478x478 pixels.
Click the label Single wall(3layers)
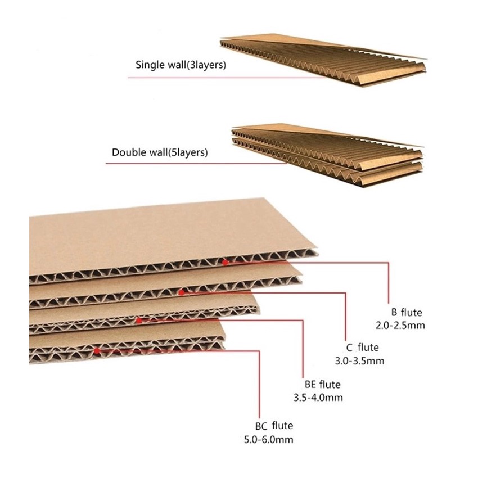point(181,65)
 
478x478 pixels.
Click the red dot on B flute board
point(225,261)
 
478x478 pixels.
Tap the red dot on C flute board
point(181,292)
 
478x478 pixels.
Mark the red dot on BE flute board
point(139,321)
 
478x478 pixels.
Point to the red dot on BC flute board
point(97,350)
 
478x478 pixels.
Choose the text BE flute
point(318,385)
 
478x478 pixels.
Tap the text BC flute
point(274,426)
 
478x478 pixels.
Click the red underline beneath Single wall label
point(225,78)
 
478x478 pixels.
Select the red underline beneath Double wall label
point(197,164)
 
